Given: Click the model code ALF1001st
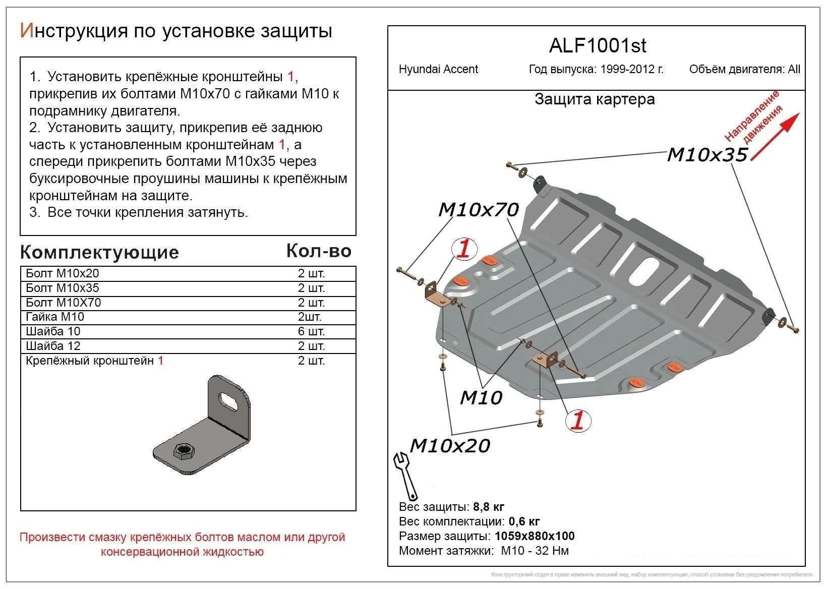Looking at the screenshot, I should point(597,46).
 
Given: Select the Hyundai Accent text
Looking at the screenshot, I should point(438,69).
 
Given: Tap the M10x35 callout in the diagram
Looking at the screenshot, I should point(706,155).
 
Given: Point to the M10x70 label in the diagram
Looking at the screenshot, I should point(478,209).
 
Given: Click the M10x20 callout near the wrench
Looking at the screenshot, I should point(450,445).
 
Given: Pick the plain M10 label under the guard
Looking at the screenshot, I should point(481,398).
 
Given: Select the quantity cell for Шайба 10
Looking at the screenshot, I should point(311,331).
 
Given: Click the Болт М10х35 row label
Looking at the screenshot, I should point(63,288).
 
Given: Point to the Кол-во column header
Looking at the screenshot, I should point(318,251).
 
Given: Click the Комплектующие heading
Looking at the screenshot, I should point(99,252).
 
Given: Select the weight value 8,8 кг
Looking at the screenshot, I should point(488,507).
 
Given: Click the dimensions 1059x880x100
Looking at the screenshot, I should point(535,536).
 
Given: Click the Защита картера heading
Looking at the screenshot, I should point(595,99).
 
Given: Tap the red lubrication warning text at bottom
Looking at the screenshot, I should point(182,544).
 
